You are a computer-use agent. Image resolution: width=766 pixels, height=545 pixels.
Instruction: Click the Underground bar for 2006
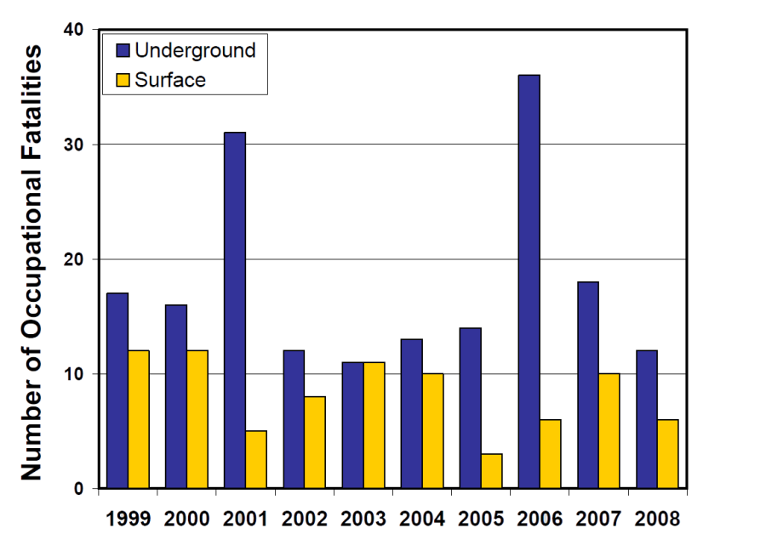click(529, 281)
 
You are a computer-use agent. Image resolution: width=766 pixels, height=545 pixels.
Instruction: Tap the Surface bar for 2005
click(492, 471)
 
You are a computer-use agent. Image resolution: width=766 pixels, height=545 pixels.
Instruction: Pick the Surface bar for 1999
click(139, 419)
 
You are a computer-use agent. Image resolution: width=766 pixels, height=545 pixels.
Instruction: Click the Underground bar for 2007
click(588, 385)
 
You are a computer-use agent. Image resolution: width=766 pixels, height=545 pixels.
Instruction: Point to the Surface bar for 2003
click(374, 425)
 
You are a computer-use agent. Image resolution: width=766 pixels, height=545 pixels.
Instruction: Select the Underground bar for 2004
click(412, 414)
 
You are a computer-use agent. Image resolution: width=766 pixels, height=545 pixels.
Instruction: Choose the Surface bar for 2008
click(668, 454)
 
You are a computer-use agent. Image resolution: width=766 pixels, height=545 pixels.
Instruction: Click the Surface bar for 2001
click(256, 459)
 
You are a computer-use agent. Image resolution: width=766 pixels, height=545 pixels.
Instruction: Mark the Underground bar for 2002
click(294, 419)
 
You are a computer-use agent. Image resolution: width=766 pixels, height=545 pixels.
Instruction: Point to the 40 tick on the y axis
click(78, 31)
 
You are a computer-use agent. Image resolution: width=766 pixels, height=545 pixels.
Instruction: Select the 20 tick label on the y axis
click(78, 259)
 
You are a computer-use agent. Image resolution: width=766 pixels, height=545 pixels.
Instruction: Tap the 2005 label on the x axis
click(481, 517)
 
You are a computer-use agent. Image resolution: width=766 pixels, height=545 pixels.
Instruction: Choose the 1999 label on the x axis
click(129, 517)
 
